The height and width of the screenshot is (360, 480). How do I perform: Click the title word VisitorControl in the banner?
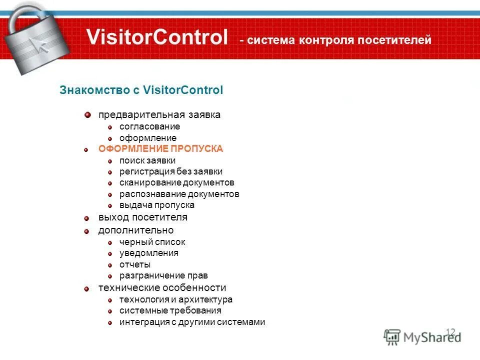tap(156, 38)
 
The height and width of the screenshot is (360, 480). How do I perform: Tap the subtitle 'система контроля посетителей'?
tap(338, 40)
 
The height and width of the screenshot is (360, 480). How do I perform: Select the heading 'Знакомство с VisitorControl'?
tap(141, 90)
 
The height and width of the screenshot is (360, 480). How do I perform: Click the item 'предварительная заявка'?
tap(159, 115)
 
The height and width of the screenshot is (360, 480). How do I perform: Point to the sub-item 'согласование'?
tap(149, 126)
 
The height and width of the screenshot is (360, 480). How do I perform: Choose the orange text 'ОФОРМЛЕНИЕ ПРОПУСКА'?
tap(160, 149)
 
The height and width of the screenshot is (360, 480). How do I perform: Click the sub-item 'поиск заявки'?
tap(147, 160)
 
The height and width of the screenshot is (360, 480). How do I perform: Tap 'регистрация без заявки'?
tap(171, 171)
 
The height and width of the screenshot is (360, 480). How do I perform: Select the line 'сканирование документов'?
tap(176, 182)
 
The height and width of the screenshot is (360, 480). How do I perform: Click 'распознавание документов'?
tap(179, 194)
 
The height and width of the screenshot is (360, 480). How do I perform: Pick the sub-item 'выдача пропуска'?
tap(157, 205)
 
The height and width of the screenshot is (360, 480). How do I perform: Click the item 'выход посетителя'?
tap(142, 217)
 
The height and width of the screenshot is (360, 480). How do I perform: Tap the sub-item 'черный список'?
tap(152, 242)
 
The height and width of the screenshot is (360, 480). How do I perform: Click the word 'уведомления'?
tap(149, 253)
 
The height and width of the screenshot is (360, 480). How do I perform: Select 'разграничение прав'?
tap(163, 275)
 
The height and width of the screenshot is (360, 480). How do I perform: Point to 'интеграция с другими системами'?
tap(192, 322)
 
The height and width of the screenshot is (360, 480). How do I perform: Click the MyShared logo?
tap(422, 336)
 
